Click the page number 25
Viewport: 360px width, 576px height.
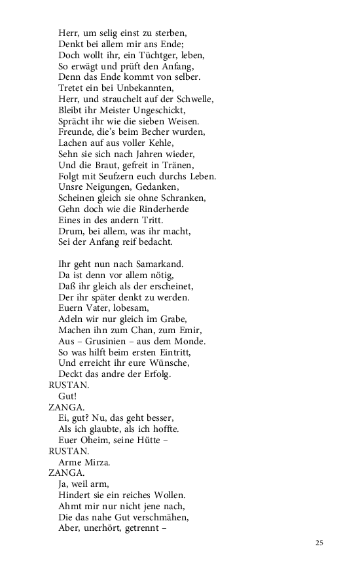pos(319,543)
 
